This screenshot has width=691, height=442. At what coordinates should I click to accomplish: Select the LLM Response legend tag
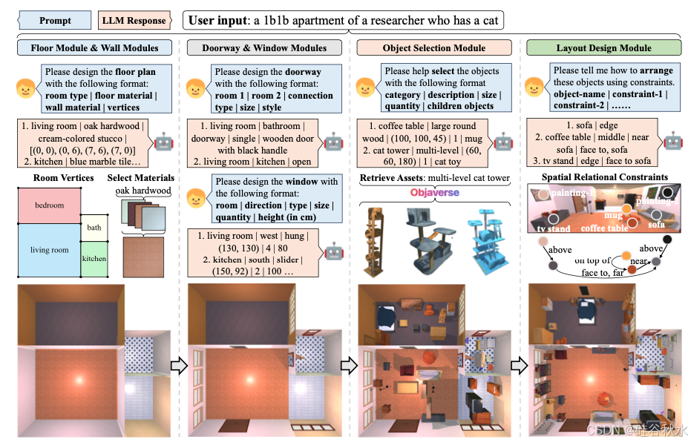click(133, 20)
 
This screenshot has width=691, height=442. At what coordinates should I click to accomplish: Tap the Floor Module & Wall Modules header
click(94, 48)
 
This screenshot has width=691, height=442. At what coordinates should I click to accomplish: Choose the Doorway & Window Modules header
click(265, 48)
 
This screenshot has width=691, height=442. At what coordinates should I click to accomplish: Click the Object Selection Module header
click(434, 48)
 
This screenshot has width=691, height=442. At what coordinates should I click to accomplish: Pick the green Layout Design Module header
click(603, 48)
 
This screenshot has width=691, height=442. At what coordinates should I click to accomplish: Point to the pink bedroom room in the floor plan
click(49, 205)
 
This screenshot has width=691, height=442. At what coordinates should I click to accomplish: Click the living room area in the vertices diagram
click(49, 250)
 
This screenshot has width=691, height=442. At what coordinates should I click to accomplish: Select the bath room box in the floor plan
click(94, 228)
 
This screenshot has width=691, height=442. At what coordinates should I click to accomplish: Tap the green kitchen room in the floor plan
click(94, 259)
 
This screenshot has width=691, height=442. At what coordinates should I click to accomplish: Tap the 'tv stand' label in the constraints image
click(553, 229)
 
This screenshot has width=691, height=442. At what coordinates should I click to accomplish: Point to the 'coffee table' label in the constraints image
click(605, 228)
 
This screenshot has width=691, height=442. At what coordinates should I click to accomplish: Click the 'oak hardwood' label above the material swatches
click(143, 191)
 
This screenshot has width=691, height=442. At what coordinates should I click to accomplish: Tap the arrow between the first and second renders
click(178, 365)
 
